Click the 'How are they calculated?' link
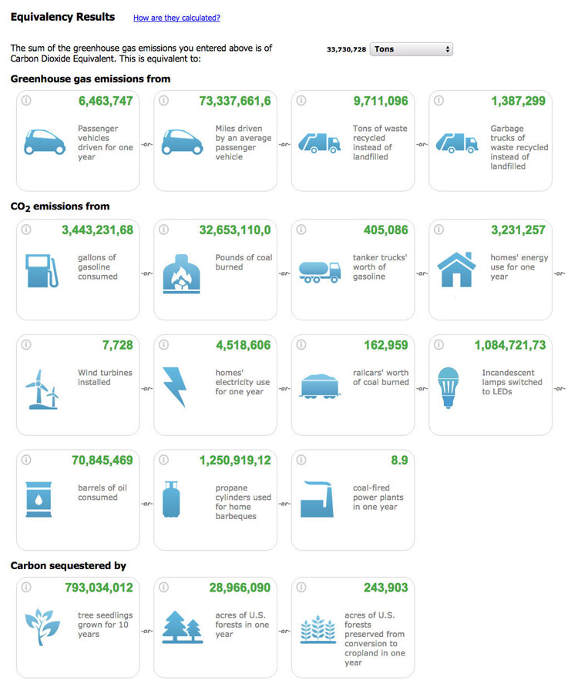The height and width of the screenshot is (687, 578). point(176,18)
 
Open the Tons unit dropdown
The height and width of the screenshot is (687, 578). point(412,49)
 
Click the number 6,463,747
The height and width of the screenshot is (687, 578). point(106,101)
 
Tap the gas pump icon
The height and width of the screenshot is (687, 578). point(40,270)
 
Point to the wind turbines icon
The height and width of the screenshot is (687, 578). point(42,388)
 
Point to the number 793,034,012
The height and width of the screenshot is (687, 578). point(99,588)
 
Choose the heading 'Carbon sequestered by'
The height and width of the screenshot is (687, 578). point(68,566)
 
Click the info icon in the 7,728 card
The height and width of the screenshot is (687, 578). point(25,344)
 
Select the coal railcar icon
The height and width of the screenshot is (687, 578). point(318,385)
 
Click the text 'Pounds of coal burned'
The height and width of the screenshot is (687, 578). point(243,262)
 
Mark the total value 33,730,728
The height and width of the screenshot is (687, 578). point(346,49)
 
